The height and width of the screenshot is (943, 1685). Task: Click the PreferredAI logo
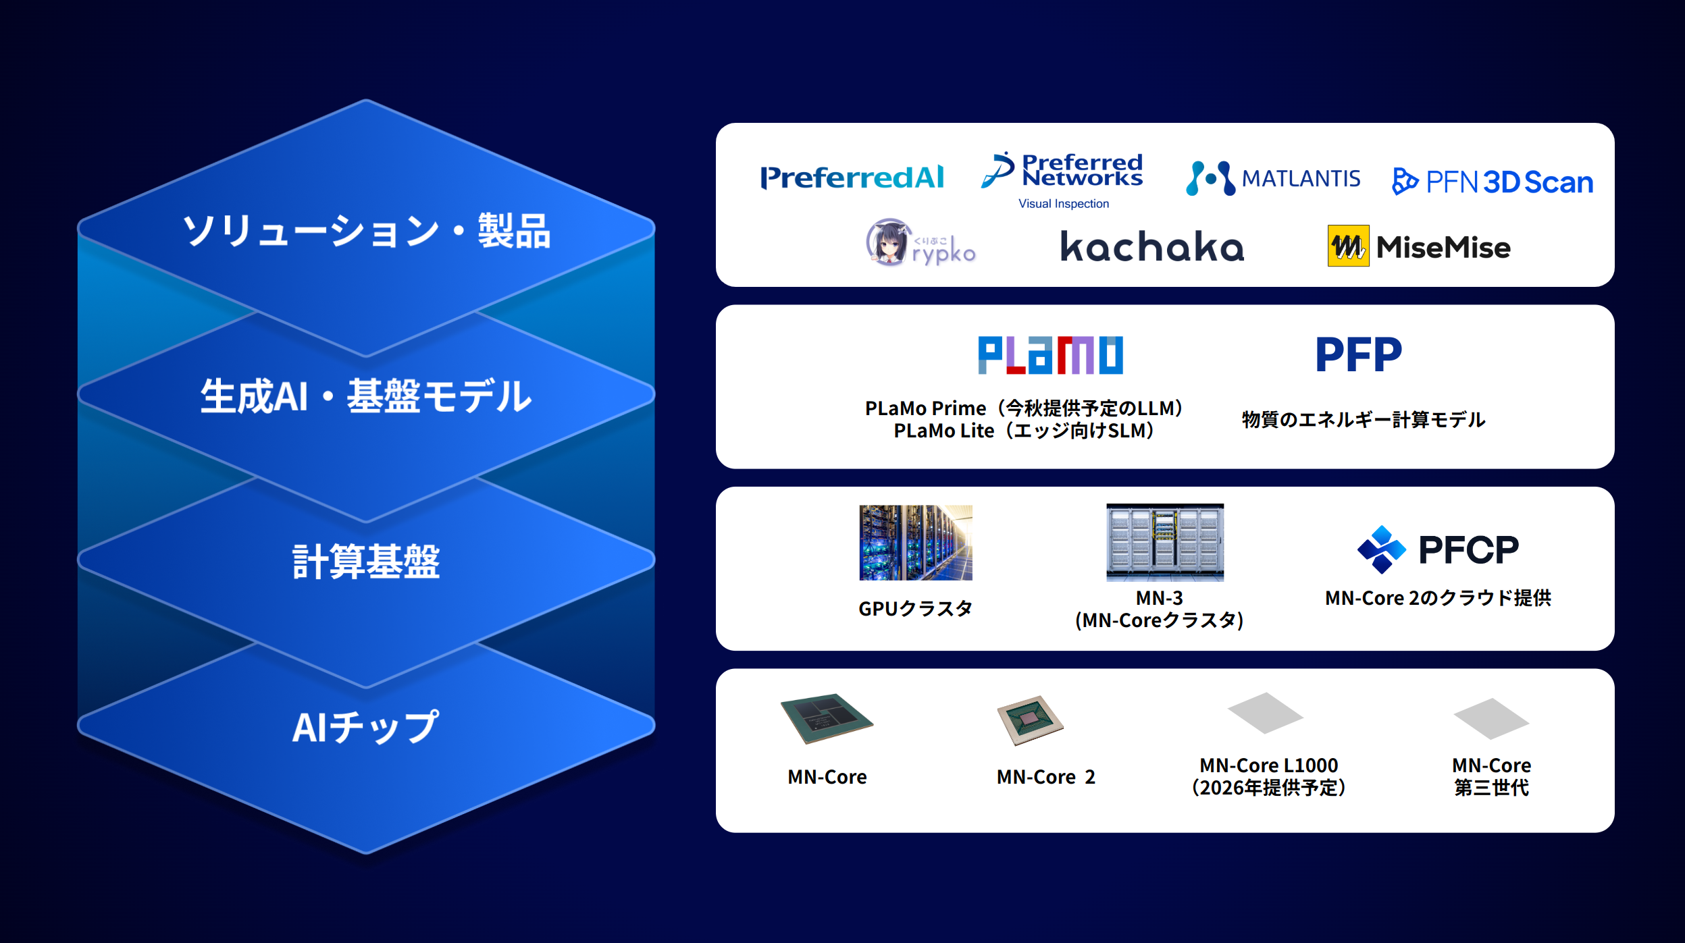point(852,178)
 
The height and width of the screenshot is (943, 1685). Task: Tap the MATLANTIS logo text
point(1301,178)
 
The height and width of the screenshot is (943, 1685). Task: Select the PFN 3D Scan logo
point(1493,182)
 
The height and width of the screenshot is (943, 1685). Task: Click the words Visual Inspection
point(1064,204)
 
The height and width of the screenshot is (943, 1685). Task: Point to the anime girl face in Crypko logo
point(889,242)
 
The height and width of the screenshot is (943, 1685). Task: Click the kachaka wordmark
point(1152,246)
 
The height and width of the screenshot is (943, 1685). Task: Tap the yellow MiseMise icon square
point(1348,246)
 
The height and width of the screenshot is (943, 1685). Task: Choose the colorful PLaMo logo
point(1051,355)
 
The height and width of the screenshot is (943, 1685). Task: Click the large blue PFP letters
point(1359,354)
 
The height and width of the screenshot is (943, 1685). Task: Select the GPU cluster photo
point(916,543)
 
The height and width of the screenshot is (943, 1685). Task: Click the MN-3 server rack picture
point(1165,542)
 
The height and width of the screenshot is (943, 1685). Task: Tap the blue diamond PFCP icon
point(1381,549)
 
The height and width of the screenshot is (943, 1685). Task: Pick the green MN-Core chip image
point(827,718)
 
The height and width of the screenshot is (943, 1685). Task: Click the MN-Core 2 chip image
point(1031,720)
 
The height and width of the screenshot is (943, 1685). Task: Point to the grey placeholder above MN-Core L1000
point(1265,713)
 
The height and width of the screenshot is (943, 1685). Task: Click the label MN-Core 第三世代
point(1491,776)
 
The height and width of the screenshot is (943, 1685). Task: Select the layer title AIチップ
point(365,727)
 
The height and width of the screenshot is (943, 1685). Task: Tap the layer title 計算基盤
point(366,562)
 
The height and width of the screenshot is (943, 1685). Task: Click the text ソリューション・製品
point(367,231)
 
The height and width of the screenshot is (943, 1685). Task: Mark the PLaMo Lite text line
point(1024,431)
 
